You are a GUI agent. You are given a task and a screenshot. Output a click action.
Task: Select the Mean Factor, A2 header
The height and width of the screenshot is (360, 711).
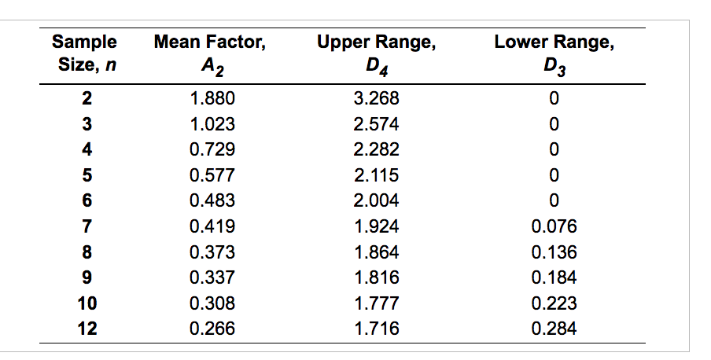[210, 52]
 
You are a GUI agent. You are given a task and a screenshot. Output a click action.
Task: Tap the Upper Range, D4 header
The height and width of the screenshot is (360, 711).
[377, 52]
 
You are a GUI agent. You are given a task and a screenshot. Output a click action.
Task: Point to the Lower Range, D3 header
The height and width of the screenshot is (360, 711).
[553, 52]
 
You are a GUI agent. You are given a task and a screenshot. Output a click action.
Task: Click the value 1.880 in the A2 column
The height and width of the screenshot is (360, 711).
[212, 98]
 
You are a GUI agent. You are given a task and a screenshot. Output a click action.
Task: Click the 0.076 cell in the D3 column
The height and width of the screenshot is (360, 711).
[554, 226]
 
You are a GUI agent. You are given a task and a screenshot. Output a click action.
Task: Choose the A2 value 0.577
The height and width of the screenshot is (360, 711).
[212, 175]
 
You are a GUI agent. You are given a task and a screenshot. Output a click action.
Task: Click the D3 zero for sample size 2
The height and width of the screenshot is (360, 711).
[554, 98]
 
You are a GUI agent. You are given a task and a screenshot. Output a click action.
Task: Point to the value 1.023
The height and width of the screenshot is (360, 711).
[212, 124]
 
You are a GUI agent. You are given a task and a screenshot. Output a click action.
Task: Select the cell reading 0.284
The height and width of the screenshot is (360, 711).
[554, 329]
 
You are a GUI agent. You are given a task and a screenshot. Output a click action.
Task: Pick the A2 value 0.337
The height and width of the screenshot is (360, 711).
[212, 277]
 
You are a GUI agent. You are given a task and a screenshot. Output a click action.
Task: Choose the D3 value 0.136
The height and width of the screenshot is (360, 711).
[554, 252]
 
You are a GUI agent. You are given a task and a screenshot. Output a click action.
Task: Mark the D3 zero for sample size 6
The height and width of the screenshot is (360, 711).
[554, 200]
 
